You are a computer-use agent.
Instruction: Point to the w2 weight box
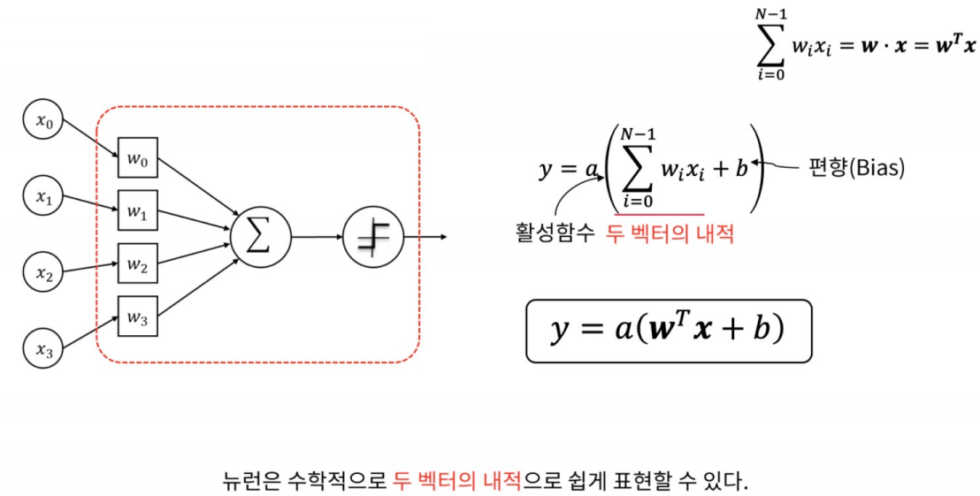tap(138, 263)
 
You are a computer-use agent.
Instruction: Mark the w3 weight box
tap(138, 316)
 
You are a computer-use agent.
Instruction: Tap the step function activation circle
tap(373, 237)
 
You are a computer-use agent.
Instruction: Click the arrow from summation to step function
tap(317, 237)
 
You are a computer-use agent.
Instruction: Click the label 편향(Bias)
tap(856, 167)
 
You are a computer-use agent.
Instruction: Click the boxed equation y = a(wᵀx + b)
tap(668, 331)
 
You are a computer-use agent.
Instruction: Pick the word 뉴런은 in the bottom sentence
tap(251, 483)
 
